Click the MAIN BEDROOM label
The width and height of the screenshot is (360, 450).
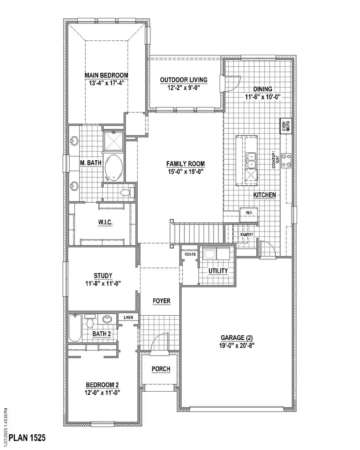106,75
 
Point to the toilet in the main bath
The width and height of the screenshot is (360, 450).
126,193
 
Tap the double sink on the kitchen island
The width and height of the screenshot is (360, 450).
252,160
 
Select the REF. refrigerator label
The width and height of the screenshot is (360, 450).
249,213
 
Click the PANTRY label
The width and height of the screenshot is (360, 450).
246,234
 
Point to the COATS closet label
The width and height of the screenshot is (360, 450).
190,254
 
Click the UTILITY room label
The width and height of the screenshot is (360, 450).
218,271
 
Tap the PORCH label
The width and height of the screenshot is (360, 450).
161,368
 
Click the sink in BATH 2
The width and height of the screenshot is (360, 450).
107,319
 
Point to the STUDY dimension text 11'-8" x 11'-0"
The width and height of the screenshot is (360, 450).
103,283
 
